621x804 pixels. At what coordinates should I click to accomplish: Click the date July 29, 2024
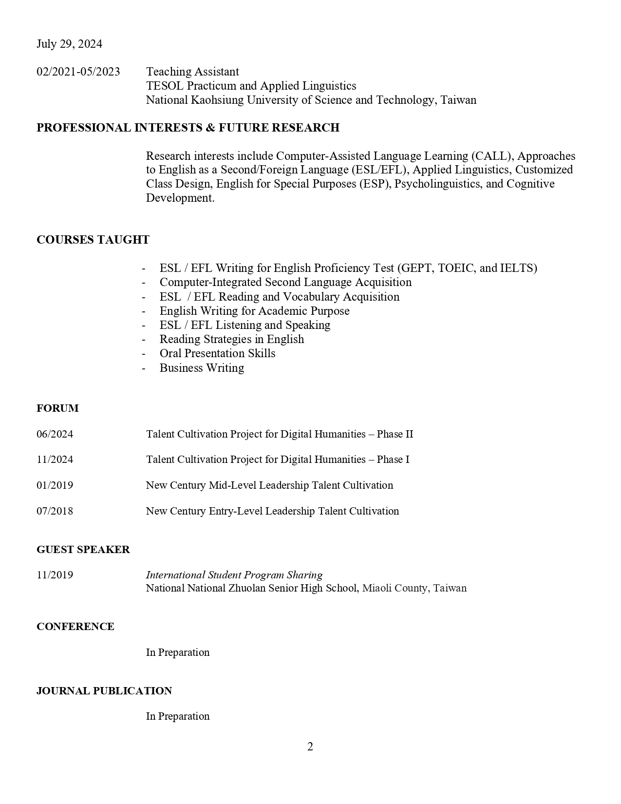coord(69,44)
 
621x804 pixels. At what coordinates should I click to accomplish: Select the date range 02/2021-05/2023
coord(78,72)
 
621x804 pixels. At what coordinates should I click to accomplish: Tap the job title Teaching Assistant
coord(192,72)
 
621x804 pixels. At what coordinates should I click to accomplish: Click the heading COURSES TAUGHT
coord(93,240)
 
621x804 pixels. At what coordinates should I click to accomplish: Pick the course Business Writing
coord(202,368)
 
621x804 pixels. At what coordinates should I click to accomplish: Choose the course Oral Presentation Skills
coord(217,353)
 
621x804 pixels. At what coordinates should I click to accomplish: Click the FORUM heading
coord(57,408)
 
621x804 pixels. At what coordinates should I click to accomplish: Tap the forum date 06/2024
coord(55,434)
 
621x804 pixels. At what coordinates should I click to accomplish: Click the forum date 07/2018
coord(55,511)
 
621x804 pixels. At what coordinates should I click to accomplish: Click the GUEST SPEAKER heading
coord(83,550)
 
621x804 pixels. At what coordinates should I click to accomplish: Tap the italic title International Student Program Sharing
coord(234,575)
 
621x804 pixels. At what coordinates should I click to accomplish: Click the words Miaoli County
coord(395,588)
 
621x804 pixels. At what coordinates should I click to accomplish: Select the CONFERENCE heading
coord(75,627)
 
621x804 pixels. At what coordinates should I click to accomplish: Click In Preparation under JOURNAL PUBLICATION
coord(178,716)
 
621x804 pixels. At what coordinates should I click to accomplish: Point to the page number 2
coord(310,747)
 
